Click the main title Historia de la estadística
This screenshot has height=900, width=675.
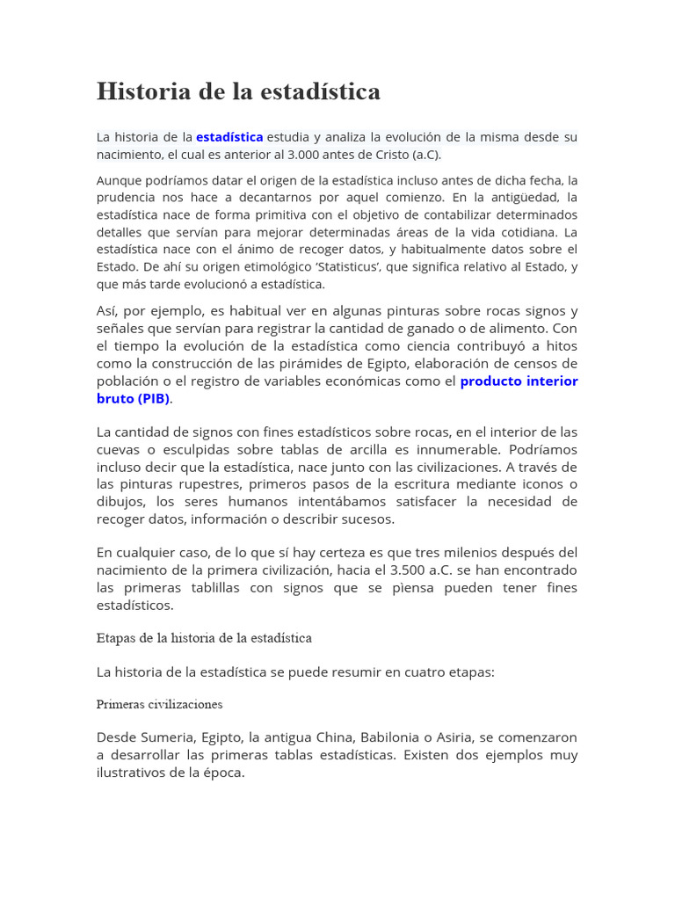click(x=238, y=91)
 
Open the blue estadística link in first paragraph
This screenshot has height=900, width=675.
click(x=229, y=137)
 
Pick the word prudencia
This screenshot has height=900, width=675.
click(x=127, y=198)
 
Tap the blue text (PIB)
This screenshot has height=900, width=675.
click(x=153, y=398)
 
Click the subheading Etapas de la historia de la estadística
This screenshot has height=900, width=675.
click(x=204, y=637)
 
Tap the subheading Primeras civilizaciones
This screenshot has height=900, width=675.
click(x=159, y=704)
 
